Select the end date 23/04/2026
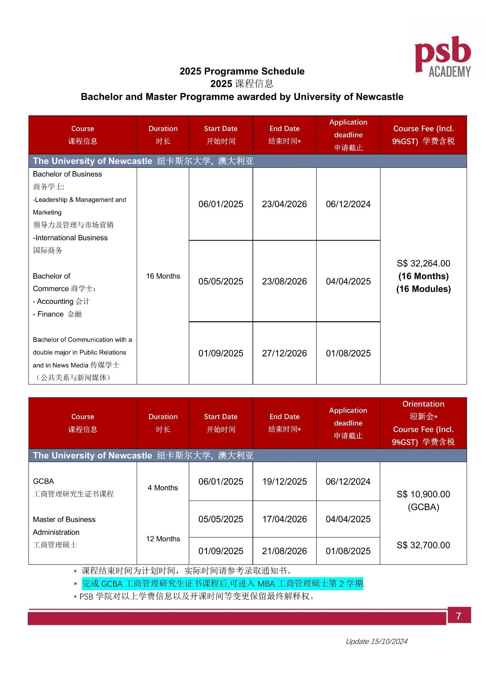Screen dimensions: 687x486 click(284, 204)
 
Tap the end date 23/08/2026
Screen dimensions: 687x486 click(284, 282)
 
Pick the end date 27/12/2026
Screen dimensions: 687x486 click(284, 353)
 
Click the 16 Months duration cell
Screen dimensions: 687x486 click(163, 276)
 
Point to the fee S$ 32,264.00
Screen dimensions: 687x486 click(423, 263)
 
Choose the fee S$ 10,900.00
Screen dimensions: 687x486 click(423, 494)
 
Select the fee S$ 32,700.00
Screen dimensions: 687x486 click(423, 545)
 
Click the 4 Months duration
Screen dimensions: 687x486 click(163, 488)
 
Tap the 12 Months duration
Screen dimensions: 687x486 click(163, 539)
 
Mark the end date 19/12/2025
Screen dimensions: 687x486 click(284, 482)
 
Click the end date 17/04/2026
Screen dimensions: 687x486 click(284, 519)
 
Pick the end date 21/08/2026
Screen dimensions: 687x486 click(284, 551)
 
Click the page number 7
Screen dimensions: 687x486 click(459, 616)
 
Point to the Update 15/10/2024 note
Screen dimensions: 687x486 click(376, 641)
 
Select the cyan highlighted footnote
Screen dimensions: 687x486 click(222, 583)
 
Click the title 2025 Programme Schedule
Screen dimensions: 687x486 click(242, 71)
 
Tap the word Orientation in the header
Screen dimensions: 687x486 click(423, 404)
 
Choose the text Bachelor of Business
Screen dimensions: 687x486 click(67, 174)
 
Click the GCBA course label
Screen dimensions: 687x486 click(43, 481)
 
